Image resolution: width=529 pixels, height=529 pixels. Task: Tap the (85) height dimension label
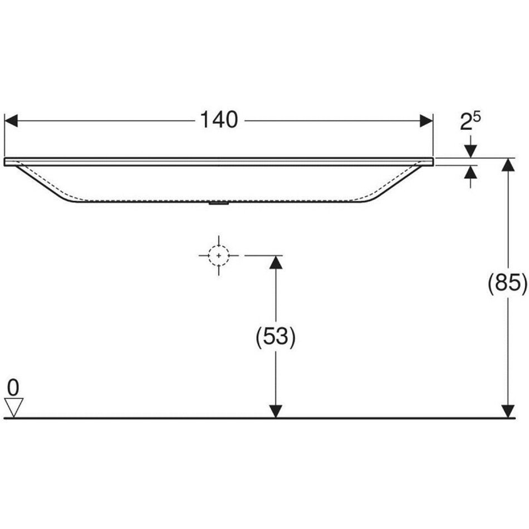tap(507, 282)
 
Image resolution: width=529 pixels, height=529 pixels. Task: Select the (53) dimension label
tap(276, 336)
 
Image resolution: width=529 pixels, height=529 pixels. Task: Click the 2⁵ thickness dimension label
tap(471, 121)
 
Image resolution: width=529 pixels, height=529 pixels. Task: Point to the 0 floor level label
tap(13, 388)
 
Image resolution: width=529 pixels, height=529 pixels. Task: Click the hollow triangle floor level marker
tap(14, 407)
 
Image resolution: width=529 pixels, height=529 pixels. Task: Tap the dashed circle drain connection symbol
tap(219, 256)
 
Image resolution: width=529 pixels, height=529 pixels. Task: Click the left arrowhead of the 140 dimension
tap(11, 121)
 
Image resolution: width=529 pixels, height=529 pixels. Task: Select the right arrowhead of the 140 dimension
tap(426, 121)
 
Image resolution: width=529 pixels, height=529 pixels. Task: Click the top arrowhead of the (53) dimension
tap(276, 262)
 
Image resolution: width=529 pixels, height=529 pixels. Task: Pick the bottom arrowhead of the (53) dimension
tap(276, 412)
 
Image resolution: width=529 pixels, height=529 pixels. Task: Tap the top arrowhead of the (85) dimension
tap(508, 165)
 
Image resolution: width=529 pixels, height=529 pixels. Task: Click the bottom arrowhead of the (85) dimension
tap(508, 412)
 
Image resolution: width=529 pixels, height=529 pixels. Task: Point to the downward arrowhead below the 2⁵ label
tap(471, 151)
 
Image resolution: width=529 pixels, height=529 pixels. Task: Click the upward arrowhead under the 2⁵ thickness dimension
tap(471, 172)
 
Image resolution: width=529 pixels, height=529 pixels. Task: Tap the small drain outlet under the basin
tap(219, 203)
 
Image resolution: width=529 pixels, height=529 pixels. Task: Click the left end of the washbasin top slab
tap(4, 161)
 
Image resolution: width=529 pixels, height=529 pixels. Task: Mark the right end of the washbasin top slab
tap(433, 161)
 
